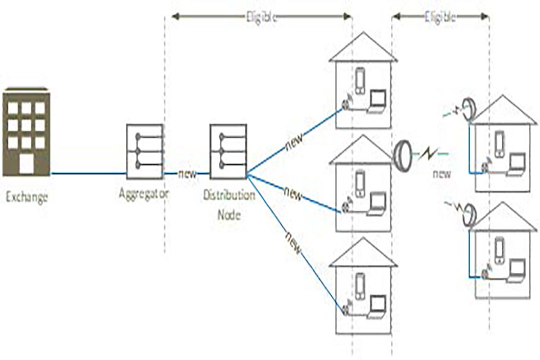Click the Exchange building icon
(26, 132)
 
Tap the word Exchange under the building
(26, 197)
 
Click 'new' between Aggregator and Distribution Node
(187, 174)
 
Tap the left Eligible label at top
(262, 16)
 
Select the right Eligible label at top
(440, 16)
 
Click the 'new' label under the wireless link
(442, 174)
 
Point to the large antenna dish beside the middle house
(403, 152)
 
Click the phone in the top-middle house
(360, 81)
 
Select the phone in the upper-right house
(499, 143)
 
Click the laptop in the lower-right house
(515, 272)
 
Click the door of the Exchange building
(26, 165)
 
